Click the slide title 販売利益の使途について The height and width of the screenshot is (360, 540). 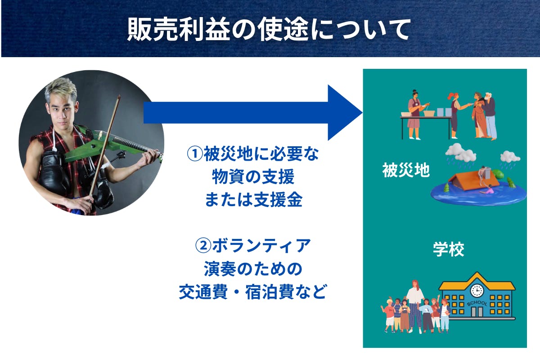pyautogui.click(x=269, y=29)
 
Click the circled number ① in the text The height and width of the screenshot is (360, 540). pyautogui.click(x=195, y=154)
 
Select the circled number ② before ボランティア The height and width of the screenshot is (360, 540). pyautogui.click(x=203, y=246)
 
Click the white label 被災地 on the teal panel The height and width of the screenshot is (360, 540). pyautogui.click(x=406, y=170)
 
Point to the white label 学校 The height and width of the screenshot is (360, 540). pyautogui.click(x=448, y=249)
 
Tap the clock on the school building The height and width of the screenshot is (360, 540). pyautogui.click(x=477, y=291)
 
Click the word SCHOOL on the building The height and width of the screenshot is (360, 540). pyautogui.click(x=477, y=303)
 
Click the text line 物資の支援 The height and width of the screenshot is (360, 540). pyautogui.click(x=253, y=177)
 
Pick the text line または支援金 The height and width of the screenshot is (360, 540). pyautogui.click(x=253, y=200)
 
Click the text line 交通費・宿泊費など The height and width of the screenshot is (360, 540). pyautogui.click(x=253, y=292)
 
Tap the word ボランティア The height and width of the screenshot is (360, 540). pyautogui.click(x=261, y=246)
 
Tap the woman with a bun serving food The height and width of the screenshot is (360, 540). pyautogui.click(x=415, y=115)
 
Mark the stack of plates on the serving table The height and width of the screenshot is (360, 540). pyautogui.click(x=444, y=112)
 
